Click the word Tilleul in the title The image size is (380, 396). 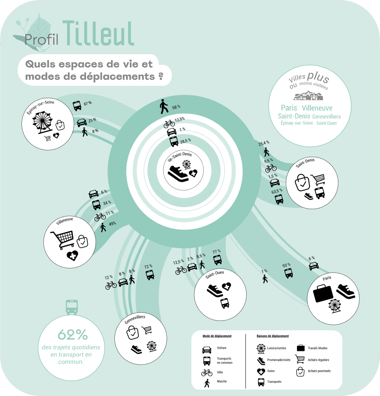click(x=98, y=34)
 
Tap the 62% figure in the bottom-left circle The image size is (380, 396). click(x=73, y=335)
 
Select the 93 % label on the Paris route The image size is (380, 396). click(x=286, y=265)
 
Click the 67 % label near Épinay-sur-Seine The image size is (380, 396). click(x=88, y=103)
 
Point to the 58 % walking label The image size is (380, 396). click(x=176, y=107)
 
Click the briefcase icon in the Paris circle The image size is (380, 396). click(x=323, y=293)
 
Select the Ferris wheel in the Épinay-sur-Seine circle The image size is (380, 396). click(x=43, y=122)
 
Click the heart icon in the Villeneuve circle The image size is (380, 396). click(x=73, y=256)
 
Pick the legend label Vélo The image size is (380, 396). click(x=220, y=372)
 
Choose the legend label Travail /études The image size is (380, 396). click(x=318, y=348)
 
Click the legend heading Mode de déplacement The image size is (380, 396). click(x=217, y=336)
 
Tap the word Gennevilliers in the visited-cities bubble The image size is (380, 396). click(x=326, y=117)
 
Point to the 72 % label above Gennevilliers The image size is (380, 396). click(x=148, y=266)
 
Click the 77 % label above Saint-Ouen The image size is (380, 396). click(x=217, y=252)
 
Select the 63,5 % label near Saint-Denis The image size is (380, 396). click(x=277, y=192)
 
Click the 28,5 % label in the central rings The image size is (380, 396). click(x=186, y=141)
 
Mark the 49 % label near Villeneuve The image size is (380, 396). click(x=113, y=224)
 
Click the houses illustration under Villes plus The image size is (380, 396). click(x=309, y=96)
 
